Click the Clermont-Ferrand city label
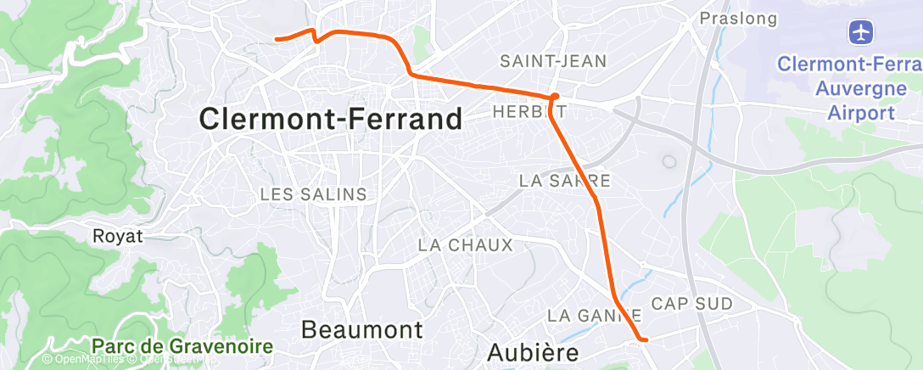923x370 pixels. click(x=331, y=119)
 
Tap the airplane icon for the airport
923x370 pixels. click(x=862, y=33)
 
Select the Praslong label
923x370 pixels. click(x=726, y=17)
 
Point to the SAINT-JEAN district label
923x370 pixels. click(x=553, y=61)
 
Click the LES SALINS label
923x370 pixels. click(x=313, y=194)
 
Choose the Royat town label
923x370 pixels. click(x=118, y=236)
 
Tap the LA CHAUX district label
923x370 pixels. click(x=466, y=245)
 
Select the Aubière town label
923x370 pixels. click(x=534, y=350)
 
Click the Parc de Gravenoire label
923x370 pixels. click(x=182, y=346)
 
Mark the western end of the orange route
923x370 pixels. click(x=277, y=38)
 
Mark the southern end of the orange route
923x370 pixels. click(x=647, y=340)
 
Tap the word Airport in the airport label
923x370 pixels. click(x=863, y=112)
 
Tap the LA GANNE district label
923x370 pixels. click(x=593, y=315)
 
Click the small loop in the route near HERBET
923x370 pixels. click(x=554, y=98)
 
